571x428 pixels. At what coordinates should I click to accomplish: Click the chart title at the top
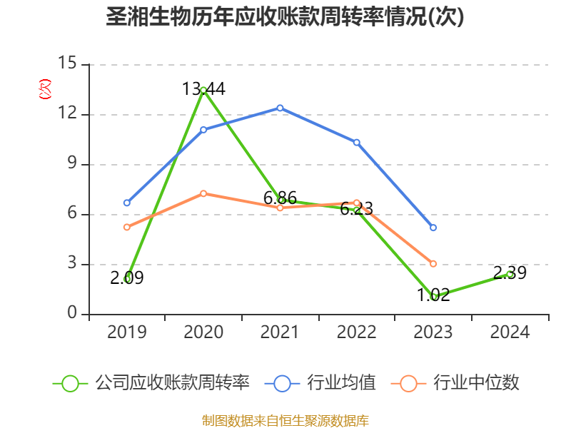pos(285,17)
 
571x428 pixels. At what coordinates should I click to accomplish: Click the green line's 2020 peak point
pos(203,90)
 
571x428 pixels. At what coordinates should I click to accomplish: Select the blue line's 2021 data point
pos(280,108)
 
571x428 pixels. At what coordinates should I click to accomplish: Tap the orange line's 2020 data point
pos(203,193)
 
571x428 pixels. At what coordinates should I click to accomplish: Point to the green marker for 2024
pos(510,274)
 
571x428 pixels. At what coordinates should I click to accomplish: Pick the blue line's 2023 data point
pos(433,228)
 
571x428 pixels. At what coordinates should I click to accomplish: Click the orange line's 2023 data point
pos(433,264)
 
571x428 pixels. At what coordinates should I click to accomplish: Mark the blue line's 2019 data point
pos(127,203)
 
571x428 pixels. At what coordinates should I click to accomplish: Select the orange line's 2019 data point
pos(127,227)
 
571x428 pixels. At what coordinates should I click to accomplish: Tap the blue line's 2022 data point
pos(357,142)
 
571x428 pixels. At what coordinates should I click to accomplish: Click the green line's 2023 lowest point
pos(433,296)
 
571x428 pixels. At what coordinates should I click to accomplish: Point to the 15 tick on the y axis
pos(67,63)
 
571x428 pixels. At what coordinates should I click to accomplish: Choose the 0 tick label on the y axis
pos(73,314)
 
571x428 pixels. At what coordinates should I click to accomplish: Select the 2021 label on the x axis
pos(280,332)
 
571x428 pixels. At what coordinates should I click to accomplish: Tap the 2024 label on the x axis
pos(510,332)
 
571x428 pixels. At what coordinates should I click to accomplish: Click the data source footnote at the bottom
pos(285,420)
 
